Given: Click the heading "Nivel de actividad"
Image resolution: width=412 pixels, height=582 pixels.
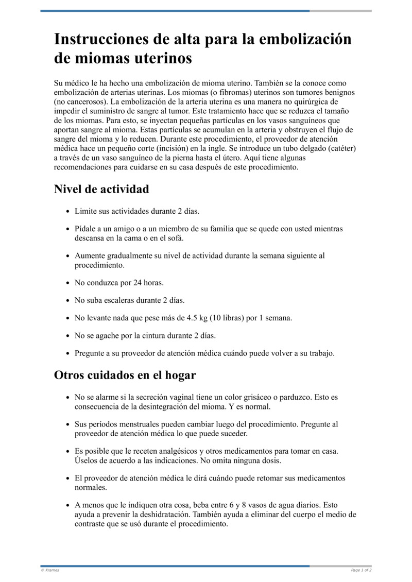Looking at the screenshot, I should tap(101, 189).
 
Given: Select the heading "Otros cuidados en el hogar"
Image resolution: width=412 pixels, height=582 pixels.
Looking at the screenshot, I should tap(125, 375).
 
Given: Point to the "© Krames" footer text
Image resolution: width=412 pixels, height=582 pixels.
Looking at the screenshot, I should tap(50, 570).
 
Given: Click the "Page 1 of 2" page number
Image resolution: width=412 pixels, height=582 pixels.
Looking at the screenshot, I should tap(361, 570).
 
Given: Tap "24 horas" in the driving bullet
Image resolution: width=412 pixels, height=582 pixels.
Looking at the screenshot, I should tap(148, 283).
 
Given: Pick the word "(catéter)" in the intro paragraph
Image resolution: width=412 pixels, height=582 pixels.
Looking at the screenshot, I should tap(341, 148).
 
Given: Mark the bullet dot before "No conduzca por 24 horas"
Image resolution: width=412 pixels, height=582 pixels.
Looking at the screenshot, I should tap(68, 283).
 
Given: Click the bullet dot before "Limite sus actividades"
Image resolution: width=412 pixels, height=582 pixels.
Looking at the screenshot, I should tap(68, 212).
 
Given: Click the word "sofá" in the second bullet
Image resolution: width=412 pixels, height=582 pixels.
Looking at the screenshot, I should tap(176, 238).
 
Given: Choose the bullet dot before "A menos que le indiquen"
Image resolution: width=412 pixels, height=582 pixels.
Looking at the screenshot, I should tap(68, 506).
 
